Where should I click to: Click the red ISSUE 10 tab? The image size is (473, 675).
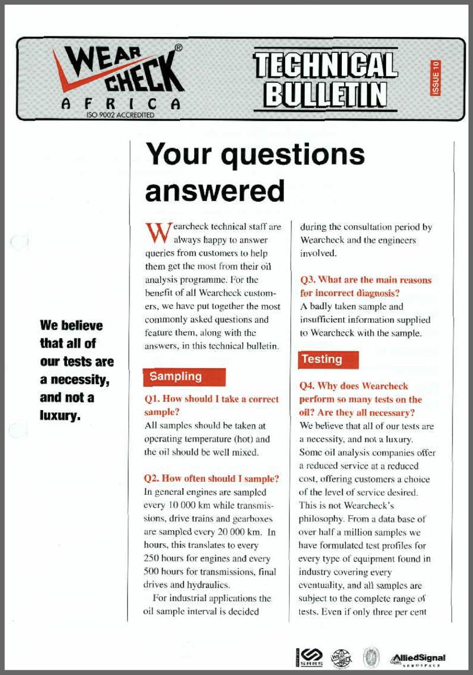[x=436, y=77]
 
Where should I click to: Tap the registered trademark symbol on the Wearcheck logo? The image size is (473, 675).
[x=178, y=48]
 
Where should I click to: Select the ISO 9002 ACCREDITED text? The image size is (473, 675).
[x=119, y=115]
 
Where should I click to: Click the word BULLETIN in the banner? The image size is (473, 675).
[x=326, y=94]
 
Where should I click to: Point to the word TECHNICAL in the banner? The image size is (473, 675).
[x=325, y=64]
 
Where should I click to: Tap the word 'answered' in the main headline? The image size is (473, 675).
[x=215, y=191]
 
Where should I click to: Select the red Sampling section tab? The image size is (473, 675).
[x=185, y=377]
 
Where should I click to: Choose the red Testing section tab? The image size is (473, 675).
[x=329, y=360]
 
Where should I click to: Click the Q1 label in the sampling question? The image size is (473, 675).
[x=153, y=399]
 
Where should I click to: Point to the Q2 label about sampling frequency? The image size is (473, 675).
[x=153, y=478]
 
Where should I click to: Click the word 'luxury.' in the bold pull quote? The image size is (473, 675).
[x=60, y=415]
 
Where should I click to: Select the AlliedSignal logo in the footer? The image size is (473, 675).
[x=417, y=659]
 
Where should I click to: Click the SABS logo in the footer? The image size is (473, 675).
[x=309, y=658]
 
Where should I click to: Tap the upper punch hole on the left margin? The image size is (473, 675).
[x=19, y=244]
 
